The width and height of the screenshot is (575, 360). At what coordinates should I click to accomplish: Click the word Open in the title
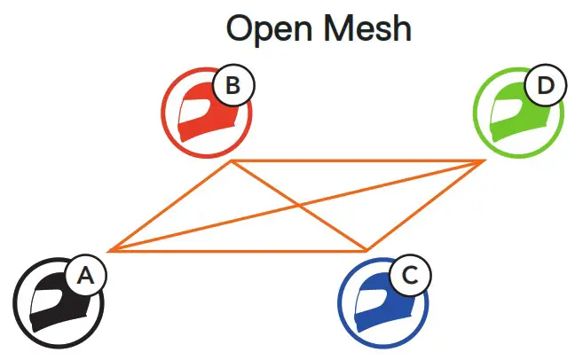[267, 28]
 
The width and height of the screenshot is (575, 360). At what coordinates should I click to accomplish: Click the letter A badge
[85, 276]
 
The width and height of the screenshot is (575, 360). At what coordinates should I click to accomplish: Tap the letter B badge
[232, 86]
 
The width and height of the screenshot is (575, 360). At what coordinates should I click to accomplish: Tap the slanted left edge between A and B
[169, 206]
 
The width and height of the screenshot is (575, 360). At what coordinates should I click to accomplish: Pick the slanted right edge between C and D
[425, 206]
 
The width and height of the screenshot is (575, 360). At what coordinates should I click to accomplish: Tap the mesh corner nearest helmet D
[483, 161]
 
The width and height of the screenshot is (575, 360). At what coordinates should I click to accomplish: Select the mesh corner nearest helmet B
[231, 161]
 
